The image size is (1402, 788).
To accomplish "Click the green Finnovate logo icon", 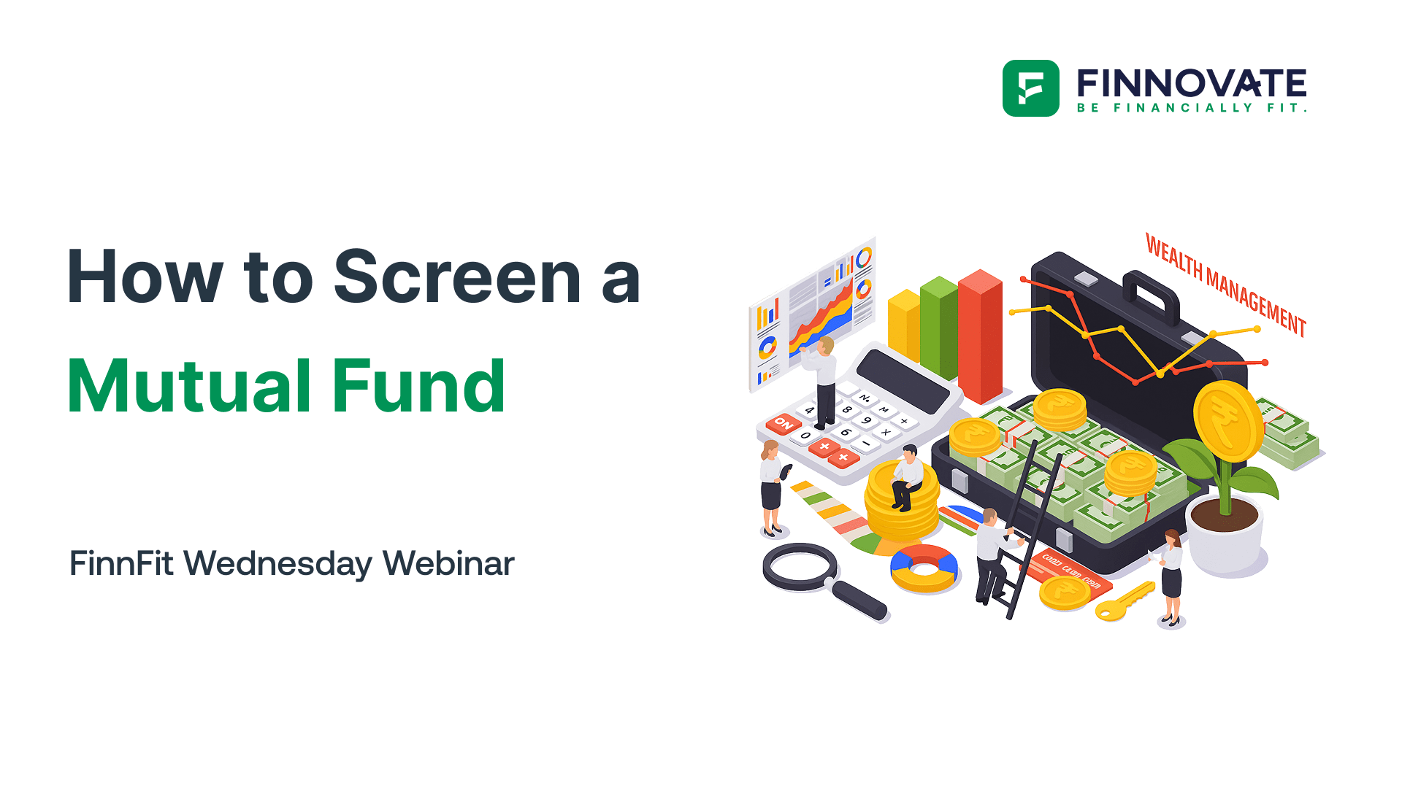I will [x=1030, y=88].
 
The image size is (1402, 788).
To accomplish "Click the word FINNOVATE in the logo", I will [x=1191, y=83].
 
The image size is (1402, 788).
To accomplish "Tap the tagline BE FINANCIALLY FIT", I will [x=1191, y=108].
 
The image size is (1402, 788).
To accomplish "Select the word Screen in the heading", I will [x=457, y=277].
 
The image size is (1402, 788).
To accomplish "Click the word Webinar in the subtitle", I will [x=448, y=564].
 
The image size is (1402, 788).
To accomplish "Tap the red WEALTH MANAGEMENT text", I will [x=1225, y=285].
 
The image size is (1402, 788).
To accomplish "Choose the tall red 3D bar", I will [x=979, y=336].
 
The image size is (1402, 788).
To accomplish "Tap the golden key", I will [x=1125, y=601].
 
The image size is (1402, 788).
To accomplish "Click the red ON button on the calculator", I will [x=784, y=423].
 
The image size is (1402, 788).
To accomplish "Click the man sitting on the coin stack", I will [x=907, y=478].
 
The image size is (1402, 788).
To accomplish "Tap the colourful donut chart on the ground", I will [x=924, y=568].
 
